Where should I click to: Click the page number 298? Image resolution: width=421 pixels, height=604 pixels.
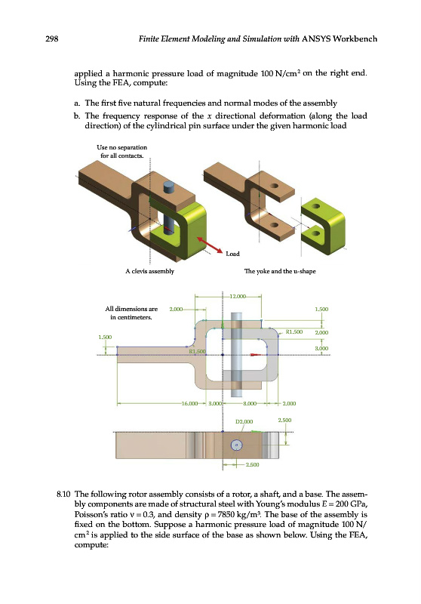[52, 39]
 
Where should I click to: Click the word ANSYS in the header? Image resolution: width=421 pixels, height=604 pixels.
[316, 39]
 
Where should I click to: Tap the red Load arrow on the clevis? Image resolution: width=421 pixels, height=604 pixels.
[210, 245]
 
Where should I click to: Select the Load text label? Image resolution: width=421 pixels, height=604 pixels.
[232, 254]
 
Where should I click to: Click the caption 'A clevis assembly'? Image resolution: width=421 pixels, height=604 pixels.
[149, 271]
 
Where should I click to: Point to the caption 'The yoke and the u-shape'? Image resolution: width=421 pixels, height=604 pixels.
[280, 271]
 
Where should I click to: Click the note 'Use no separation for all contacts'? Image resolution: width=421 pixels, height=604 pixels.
[122, 152]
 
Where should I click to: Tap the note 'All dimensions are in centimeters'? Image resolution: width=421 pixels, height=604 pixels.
[131, 313]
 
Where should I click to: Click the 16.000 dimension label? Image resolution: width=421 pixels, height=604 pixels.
[189, 403]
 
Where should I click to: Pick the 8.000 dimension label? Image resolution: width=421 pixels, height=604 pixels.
[250, 403]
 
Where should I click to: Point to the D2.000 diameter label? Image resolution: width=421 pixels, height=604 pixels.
[244, 421]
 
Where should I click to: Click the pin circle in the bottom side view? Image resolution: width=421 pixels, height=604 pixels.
[236, 445]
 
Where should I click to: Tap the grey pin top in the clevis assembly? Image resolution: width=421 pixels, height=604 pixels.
[170, 187]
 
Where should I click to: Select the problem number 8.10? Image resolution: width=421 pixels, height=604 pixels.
[63, 495]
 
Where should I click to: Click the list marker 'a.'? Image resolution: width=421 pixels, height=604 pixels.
[78, 103]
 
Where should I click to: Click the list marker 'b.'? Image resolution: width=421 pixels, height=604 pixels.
[78, 116]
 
